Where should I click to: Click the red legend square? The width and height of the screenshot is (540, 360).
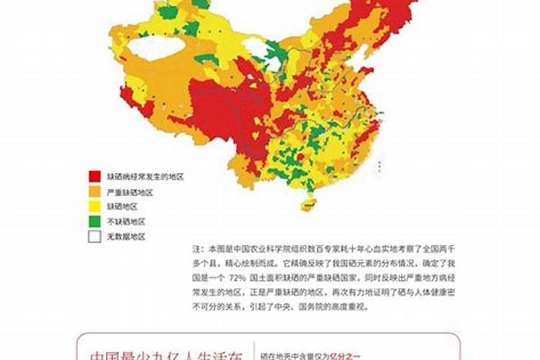94,176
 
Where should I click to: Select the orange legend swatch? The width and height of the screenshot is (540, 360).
94,192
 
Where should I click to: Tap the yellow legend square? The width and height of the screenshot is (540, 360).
94,206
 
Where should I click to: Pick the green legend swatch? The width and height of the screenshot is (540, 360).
94,221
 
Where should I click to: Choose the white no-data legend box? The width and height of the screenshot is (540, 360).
94,236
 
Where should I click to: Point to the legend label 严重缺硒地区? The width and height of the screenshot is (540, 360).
130,192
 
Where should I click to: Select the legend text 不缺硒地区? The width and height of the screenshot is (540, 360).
126,221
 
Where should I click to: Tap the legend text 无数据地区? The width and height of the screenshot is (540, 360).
126,236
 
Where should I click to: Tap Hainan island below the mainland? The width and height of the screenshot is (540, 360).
307,204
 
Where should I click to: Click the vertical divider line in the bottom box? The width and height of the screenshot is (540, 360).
254,351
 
